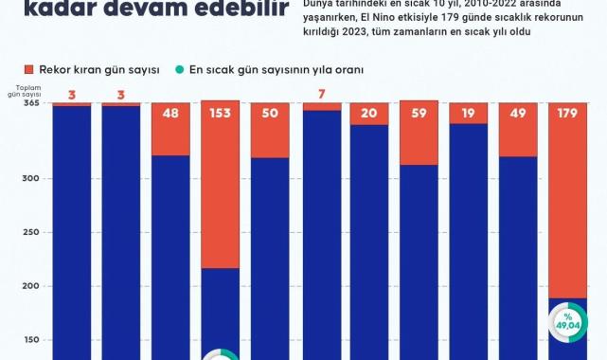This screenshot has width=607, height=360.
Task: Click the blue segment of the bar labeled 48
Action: [170, 256]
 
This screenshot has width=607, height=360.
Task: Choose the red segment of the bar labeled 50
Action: [270, 130]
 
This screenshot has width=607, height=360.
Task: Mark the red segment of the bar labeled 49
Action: [518, 130]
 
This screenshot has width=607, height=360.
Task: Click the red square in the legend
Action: [29, 70]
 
